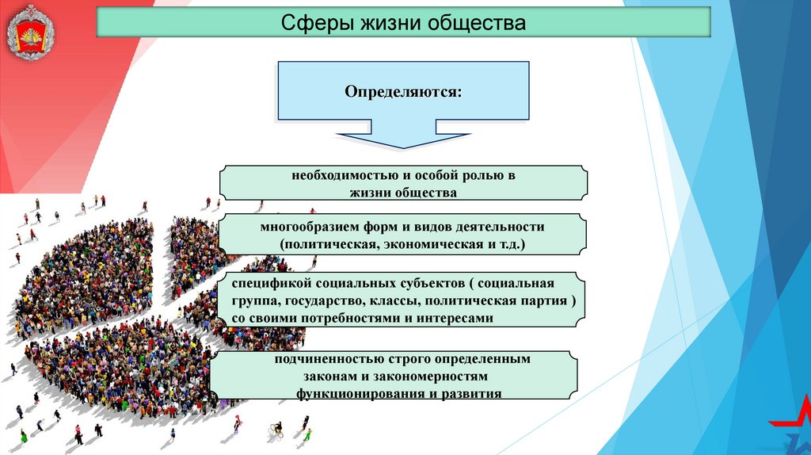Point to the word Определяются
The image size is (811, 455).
point(403,92)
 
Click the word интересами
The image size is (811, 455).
point(458,319)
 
